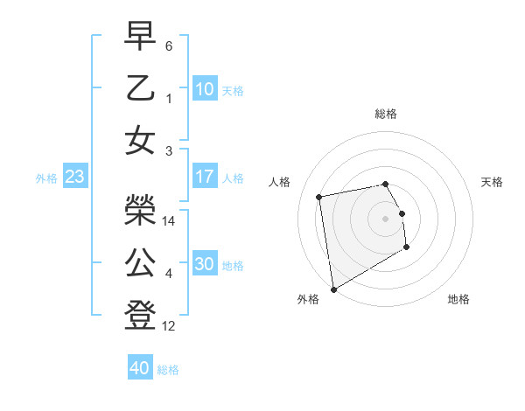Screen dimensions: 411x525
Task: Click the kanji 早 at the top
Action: pos(141,37)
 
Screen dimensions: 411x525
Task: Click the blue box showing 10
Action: pos(205,89)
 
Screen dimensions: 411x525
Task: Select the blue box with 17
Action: pos(205,177)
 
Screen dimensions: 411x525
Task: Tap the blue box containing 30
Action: pos(205,264)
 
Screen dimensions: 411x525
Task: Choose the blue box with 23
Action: pos(75,178)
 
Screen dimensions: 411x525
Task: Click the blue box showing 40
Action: pos(139,368)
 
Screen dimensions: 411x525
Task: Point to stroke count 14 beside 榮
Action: pos(169,221)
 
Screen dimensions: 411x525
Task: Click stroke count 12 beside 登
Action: pos(169,326)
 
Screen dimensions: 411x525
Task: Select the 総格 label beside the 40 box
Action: pos(168,370)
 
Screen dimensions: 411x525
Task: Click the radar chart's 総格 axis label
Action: pos(385,114)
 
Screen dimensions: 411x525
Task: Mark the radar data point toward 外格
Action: pos(333,289)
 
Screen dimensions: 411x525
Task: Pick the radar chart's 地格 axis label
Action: pos(458,299)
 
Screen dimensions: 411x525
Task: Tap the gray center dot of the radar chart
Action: pos(385,219)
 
